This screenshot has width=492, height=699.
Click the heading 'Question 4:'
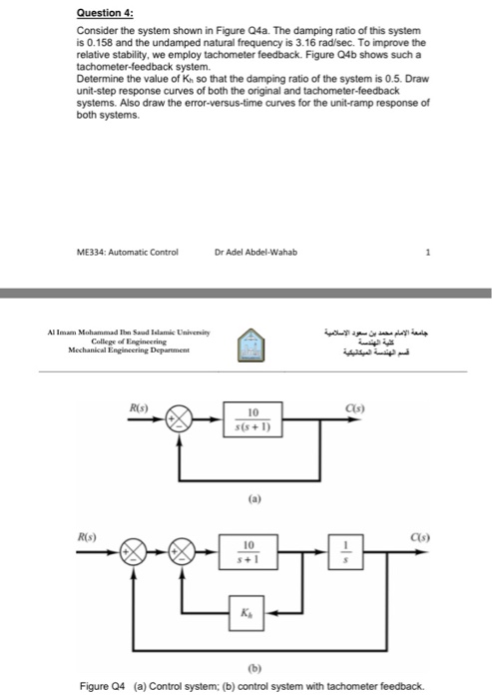[104, 15]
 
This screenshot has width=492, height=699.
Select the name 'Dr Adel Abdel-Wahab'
[255, 251]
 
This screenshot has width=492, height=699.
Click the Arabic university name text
[393, 334]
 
